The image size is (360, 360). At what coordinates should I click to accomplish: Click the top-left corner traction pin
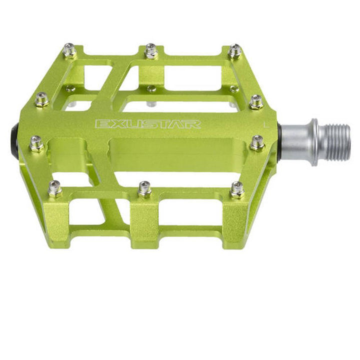(x=70, y=50)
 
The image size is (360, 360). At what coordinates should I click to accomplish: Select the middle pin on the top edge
(x=151, y=50)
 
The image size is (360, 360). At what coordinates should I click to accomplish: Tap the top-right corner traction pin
(x=234, y=51)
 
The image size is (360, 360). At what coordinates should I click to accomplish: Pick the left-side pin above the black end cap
(x=42, y=99)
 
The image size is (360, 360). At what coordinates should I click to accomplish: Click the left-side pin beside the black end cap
(x=37, y=143)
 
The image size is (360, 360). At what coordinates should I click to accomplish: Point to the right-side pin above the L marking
(x=256, y=102)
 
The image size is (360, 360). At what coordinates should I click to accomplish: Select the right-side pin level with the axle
(x=257, y=143)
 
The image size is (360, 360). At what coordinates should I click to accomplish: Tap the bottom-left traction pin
(x=55, y=189)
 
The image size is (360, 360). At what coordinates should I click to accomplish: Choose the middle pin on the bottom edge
(x=145, y=189)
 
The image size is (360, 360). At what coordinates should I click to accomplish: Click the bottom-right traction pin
(x=237, y=190)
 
